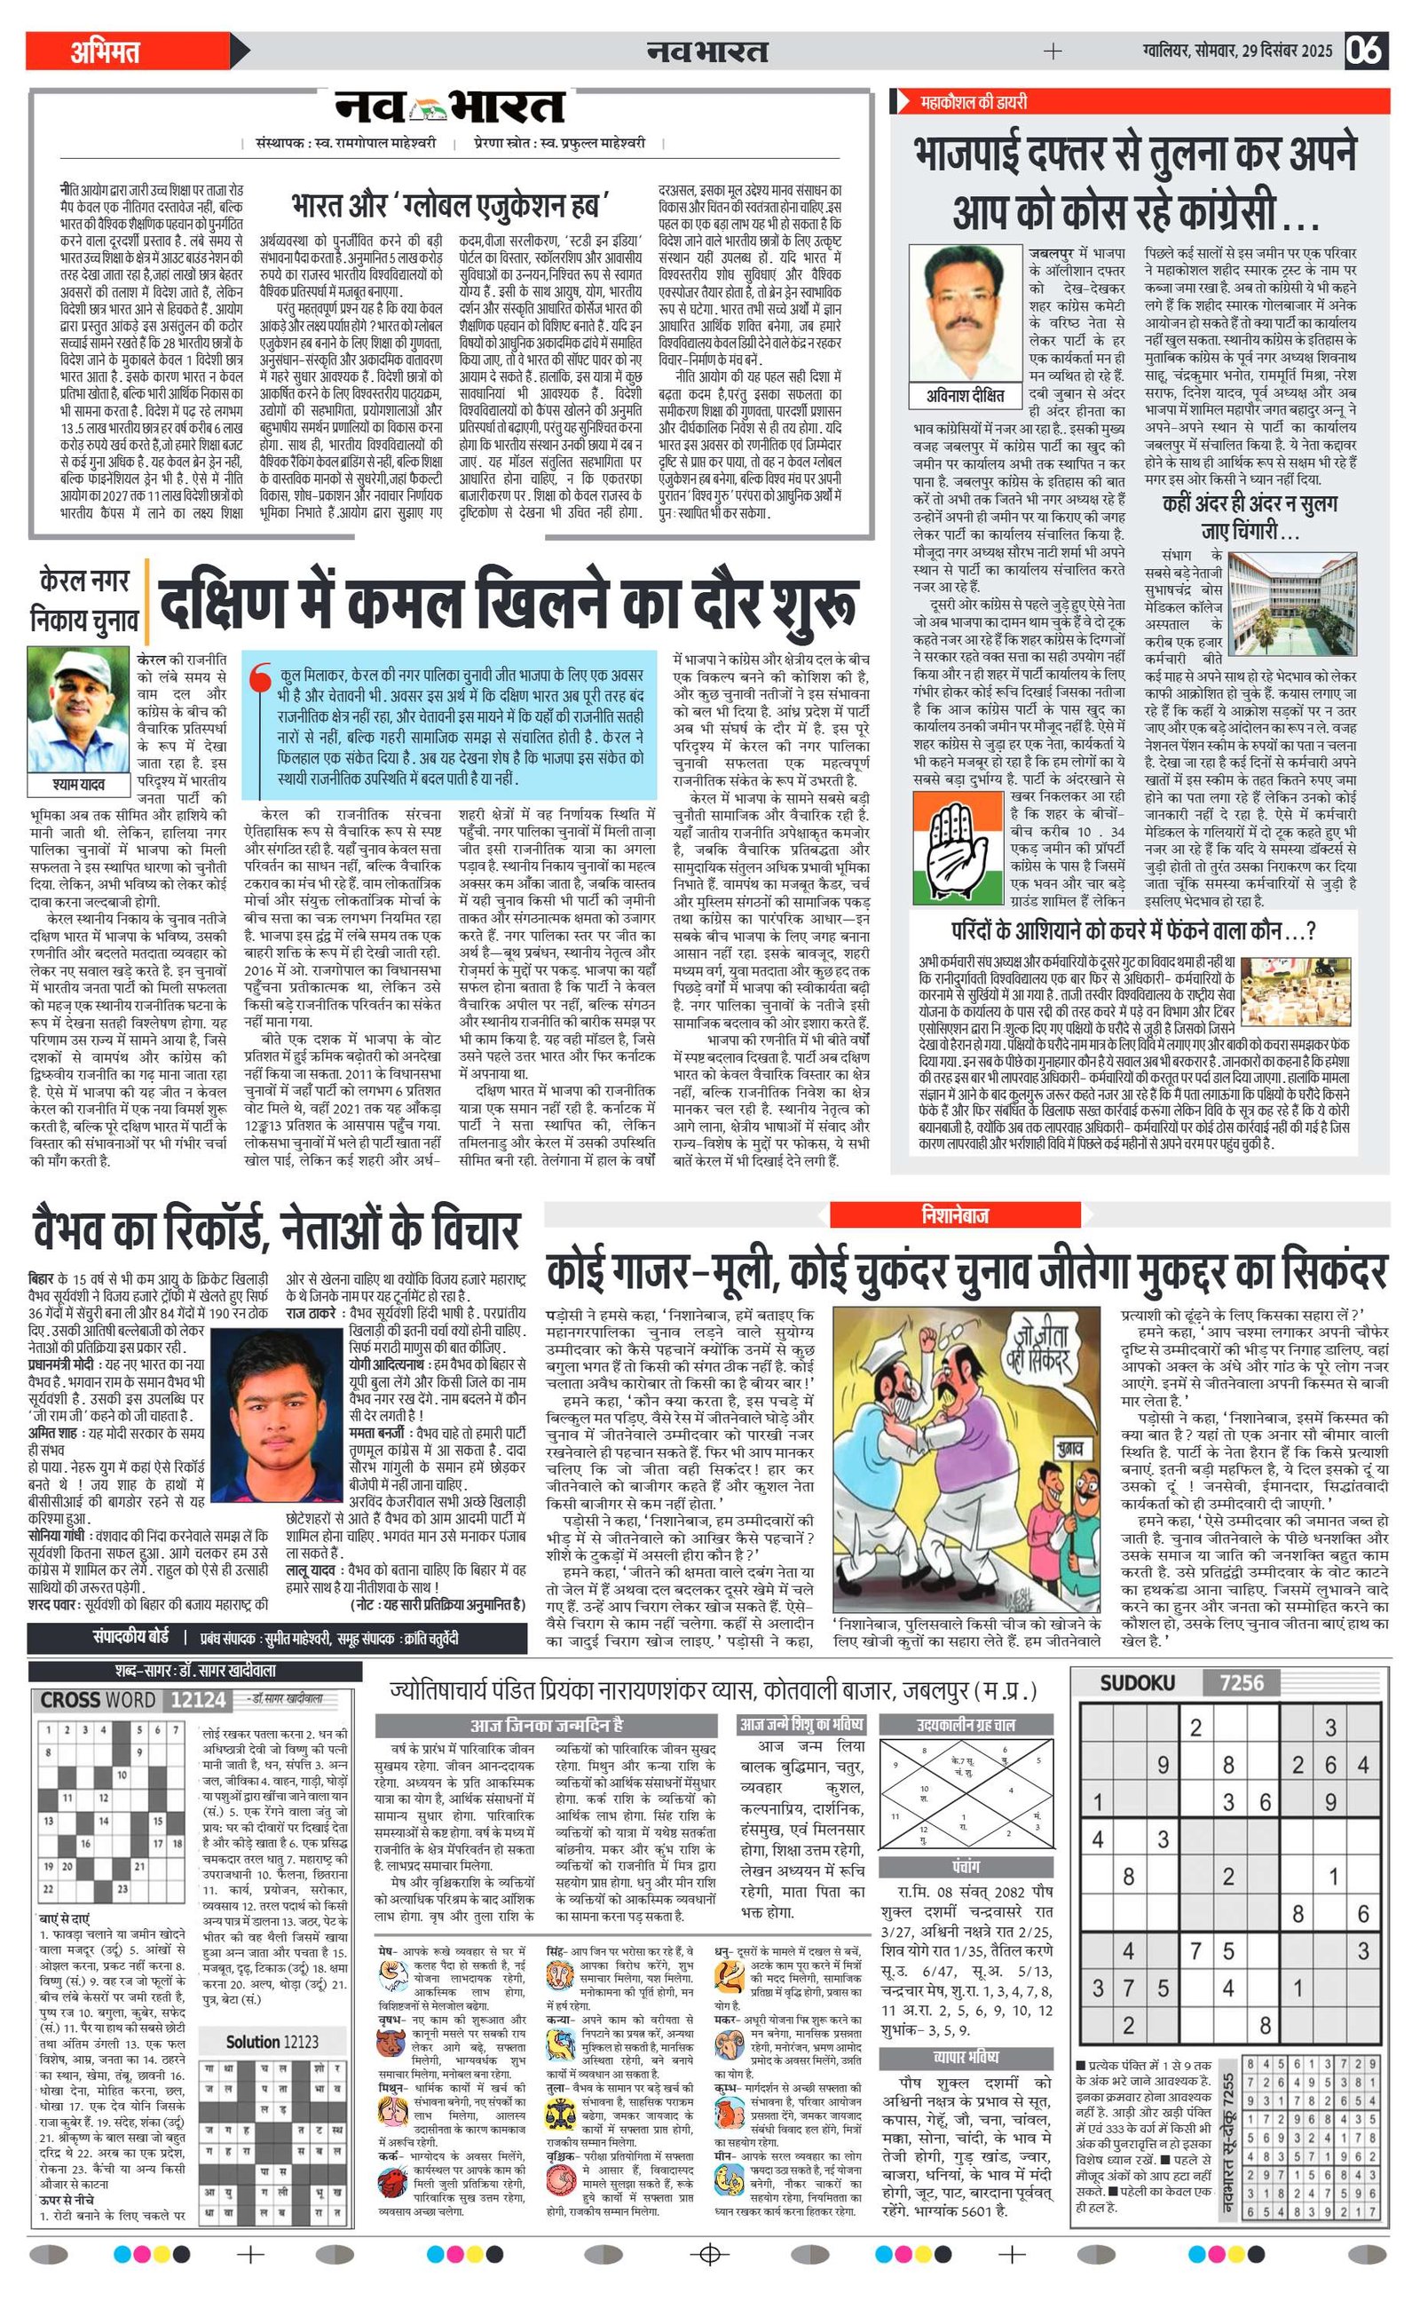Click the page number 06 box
tap(1366, 50)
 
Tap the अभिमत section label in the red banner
tap(106, 51)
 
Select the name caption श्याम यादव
tap(79, 783)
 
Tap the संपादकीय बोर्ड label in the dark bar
tap(130, 1636)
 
